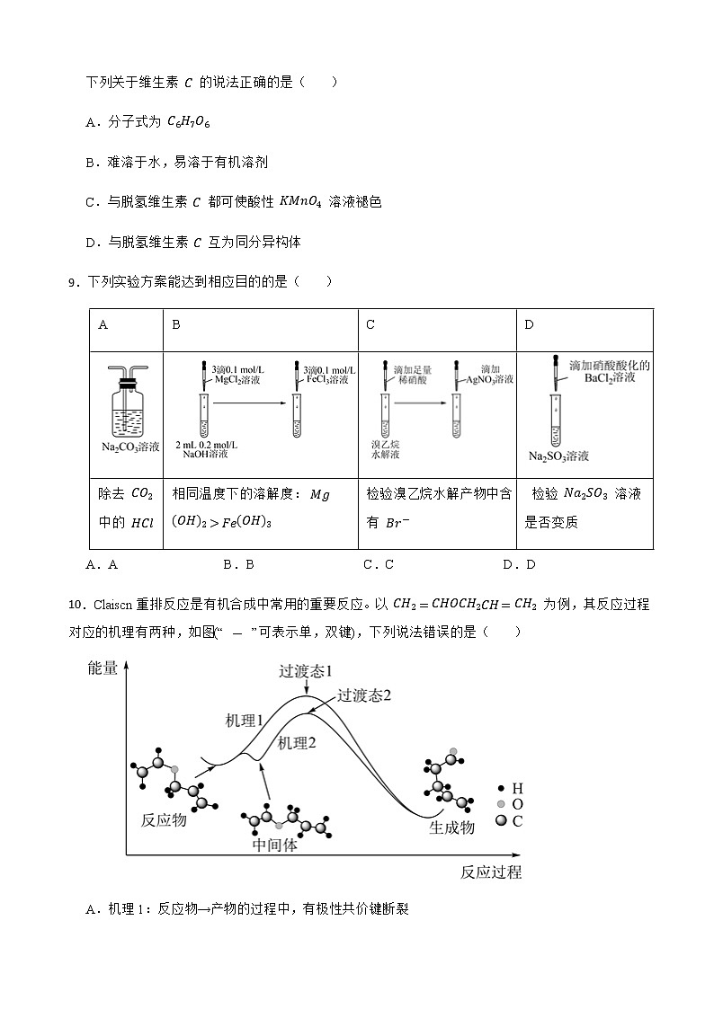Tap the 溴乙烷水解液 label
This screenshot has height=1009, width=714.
387,449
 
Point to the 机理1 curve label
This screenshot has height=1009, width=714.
244,721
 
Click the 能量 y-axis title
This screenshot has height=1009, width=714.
103,668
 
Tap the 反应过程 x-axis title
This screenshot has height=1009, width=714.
490,872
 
